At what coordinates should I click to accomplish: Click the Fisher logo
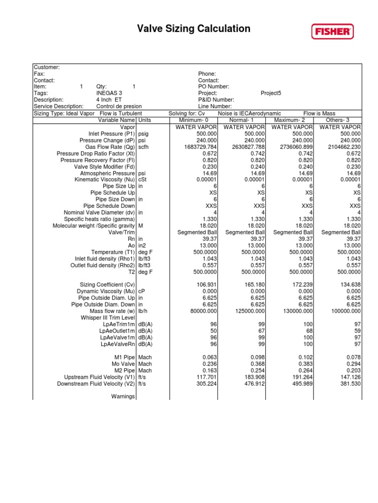[x=332, y=32]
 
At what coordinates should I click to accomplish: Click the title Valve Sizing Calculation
[x=193, y=29]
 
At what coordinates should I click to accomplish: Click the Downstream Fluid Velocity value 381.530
[x=349, y=384]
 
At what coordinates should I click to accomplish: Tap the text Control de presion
[x=119, y=106]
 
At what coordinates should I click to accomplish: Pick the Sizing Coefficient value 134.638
[x=349, y=284]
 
